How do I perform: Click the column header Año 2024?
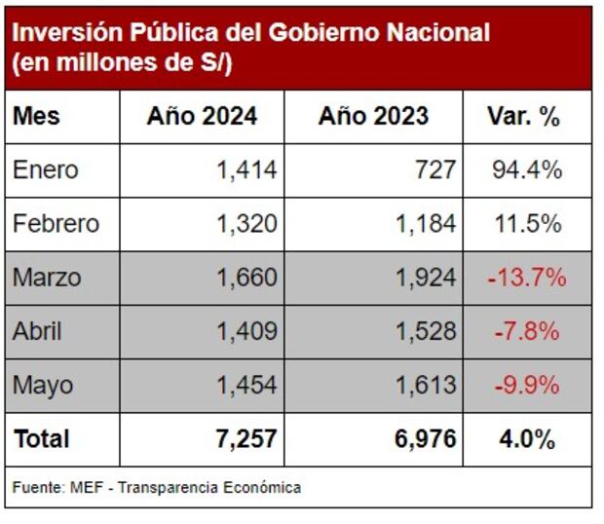tap(203, 117)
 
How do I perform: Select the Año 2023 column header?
tap(373, 117)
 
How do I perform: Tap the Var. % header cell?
tap(524, 117)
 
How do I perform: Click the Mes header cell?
tap(37, 117)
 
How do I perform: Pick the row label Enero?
tap(46, 170)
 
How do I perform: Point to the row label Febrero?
tap(56, 224)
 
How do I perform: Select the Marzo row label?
tap(47, 278)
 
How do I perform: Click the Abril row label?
tap(38, 331)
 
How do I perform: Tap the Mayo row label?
tap(43, 385)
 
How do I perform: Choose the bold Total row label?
tap(42, 439)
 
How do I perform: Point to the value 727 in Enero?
tap(434, 170)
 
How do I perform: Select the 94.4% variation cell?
tap(527, 170)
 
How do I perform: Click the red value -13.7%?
tap(527, 278)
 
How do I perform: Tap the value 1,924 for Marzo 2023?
tap(426, 278)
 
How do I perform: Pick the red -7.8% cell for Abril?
tap(527, 331)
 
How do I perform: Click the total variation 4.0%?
tap(527, 439)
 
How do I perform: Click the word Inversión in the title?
tap(64, 34)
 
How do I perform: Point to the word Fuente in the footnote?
tap(36, 487)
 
